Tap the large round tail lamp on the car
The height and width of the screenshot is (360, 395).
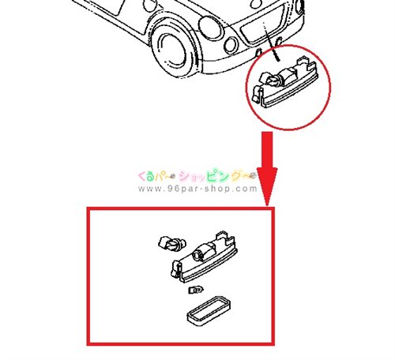pyautogui.click(x=211, y=26)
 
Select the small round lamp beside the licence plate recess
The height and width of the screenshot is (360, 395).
pyautogui.click(x=231, y=45)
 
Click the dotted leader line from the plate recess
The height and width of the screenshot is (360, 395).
pyautogui.click(x=271, y=42)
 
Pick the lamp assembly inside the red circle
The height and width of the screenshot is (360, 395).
pyautogui.click(x=285, y=83)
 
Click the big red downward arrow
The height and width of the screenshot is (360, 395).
pyautogui.click(x=267, y=168)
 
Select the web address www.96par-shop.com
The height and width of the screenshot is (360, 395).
pyautogui.click(x=197, y=189)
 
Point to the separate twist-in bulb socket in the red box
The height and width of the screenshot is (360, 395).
pyautogui.click(x=172, y=244)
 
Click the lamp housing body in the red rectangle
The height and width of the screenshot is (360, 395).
pyautogui.click(x=204, y=258)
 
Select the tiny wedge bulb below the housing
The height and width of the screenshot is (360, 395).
pyautogui.click(x=196, y=290)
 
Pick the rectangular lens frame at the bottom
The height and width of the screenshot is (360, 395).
pyautogui.click(x=209, y=311)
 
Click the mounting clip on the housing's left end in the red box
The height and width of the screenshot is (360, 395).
pyautogui.click(x=176, y=269)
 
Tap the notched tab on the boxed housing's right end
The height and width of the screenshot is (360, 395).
pyautogui.click(x=225, y=238)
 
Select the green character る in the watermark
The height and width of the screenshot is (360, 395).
pyautogui.click(x=149, y=176)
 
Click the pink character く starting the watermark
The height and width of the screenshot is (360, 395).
pyautogui.click(x=141, y=176)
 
